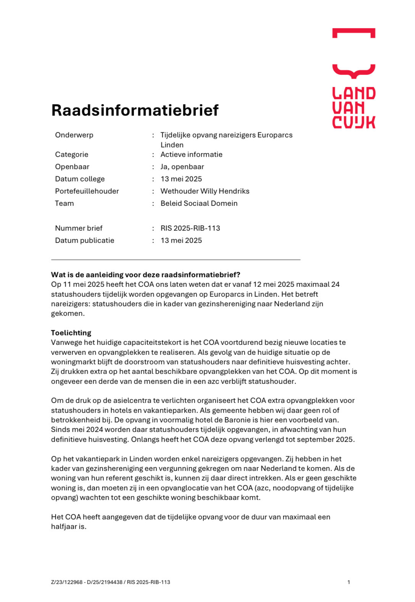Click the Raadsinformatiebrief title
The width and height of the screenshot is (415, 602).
tap(135, 110)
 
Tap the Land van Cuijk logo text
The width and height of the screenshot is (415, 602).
tap(354, 108)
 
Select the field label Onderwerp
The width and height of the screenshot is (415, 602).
tap(74, 135)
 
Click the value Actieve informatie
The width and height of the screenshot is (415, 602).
tap(191, 154)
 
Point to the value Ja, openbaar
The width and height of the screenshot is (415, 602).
tap(182, 167)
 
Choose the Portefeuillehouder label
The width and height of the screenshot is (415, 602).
tap(87, 191)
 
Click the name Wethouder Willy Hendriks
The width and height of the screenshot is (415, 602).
tap(205, 191)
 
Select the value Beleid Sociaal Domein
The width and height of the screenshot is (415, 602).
tap(199, 203)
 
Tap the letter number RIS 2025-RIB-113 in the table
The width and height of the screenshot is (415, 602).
tap(190, 228)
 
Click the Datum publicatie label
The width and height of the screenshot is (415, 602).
tap(84, 240)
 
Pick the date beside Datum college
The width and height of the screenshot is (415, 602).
tap(181, 179)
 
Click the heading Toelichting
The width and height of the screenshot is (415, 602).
tap(71, 333)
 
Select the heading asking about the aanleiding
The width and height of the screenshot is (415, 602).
tap(145, 275)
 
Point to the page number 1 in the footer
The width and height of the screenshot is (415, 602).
tap(349, 582)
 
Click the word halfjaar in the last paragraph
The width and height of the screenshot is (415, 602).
tap(68, 526)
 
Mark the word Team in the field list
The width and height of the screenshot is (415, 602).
tap(64, 203)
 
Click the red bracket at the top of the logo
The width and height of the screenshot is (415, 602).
tap(354, 32)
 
